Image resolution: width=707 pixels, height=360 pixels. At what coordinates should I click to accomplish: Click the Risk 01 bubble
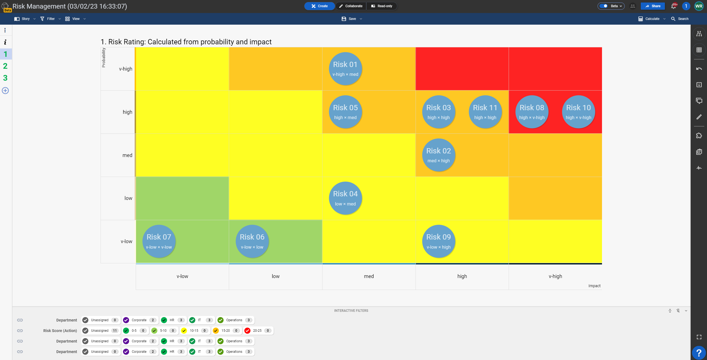coord(345,69)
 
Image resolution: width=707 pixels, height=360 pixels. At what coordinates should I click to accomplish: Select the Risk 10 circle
coord(578,112)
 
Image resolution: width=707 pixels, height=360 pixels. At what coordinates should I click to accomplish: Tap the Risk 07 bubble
coord(159,241)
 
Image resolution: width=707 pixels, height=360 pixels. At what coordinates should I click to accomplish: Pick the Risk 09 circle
coord(439,241)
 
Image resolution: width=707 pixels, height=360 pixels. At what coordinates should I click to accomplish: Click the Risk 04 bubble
coord(345,198)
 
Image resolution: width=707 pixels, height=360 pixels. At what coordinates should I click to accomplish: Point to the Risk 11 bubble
coord(485,112)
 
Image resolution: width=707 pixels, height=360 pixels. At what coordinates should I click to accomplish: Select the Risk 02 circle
coord(439,155)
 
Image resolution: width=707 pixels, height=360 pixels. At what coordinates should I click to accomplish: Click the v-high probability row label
coord(125,69)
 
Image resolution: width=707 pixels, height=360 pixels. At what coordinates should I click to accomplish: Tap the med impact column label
coord(369,276)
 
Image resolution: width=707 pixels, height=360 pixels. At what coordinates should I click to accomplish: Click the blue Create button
coord(319,6)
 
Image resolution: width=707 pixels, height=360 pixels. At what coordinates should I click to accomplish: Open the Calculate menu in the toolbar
coord(652,19)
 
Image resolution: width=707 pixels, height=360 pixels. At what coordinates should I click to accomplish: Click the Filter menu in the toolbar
coord(50,19)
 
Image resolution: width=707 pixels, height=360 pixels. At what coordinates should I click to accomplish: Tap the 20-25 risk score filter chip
coord(257,331)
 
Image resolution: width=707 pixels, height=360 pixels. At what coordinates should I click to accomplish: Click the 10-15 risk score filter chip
coord(194,331)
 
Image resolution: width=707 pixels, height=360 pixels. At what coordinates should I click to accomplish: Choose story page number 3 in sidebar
coord(5,78)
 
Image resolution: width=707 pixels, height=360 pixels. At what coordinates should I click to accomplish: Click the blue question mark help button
coord(699,353)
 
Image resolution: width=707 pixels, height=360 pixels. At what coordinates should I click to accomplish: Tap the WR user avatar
coord(699,6)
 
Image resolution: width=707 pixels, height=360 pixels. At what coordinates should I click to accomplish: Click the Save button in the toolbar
coord(352,19)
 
